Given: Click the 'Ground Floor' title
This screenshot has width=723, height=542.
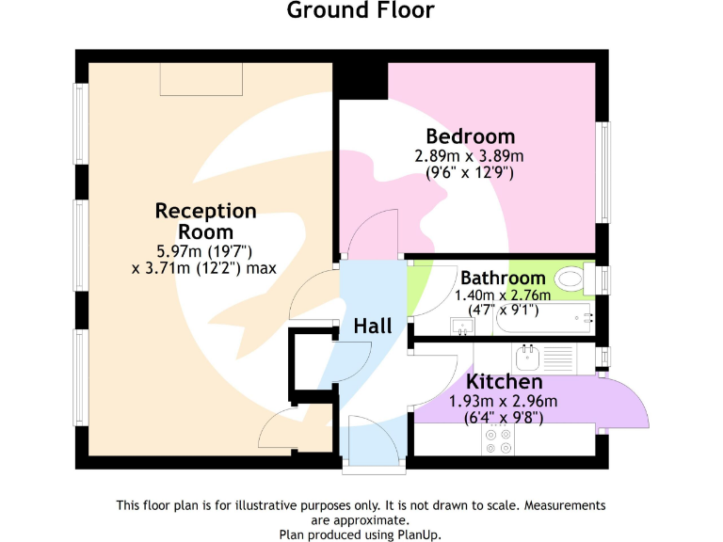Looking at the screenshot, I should (361, 11).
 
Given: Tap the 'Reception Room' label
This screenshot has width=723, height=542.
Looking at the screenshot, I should (205, 221).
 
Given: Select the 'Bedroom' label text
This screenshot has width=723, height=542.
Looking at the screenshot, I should (470, 136).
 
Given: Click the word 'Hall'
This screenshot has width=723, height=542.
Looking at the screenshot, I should (373, 327).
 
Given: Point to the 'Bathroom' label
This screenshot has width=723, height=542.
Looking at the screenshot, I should (502, 279).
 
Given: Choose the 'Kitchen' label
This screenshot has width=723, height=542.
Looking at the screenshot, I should (505, 382).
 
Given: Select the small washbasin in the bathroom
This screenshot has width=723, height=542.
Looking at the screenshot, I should (462, 327).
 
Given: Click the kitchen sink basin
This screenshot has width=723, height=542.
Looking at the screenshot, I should (527, 357).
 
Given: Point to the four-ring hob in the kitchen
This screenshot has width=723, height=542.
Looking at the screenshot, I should (497, 441).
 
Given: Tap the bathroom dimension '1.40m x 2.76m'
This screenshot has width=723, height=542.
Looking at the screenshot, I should (502, 295).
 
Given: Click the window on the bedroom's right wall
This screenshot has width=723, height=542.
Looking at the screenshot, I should (603, 170).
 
